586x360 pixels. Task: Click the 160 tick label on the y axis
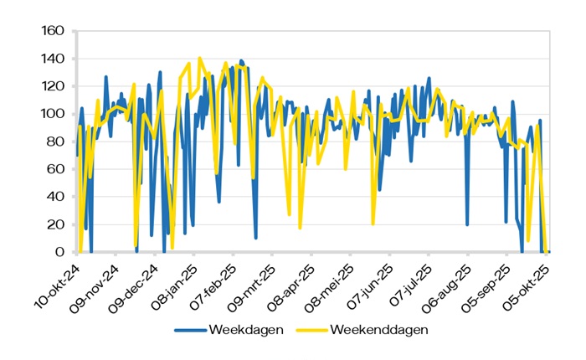click(53, 32)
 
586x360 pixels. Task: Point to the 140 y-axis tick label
click(53, 59)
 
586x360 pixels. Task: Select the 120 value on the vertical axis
click(53, 87)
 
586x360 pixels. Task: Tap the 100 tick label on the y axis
click(53, 115)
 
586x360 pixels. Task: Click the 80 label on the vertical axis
click(56, 142)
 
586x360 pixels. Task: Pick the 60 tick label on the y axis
click(56, 170)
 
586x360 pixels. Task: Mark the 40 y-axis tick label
click(56, 197)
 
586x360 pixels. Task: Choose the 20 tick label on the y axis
click(56, 224)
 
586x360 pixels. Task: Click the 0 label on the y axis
click(59, 252)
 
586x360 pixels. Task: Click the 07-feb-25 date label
click(217, 285)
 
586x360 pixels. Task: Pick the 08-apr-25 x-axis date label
click(296, 285)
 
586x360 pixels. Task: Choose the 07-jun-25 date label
click(376, 285)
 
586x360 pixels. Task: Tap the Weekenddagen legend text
click(379, 329)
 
